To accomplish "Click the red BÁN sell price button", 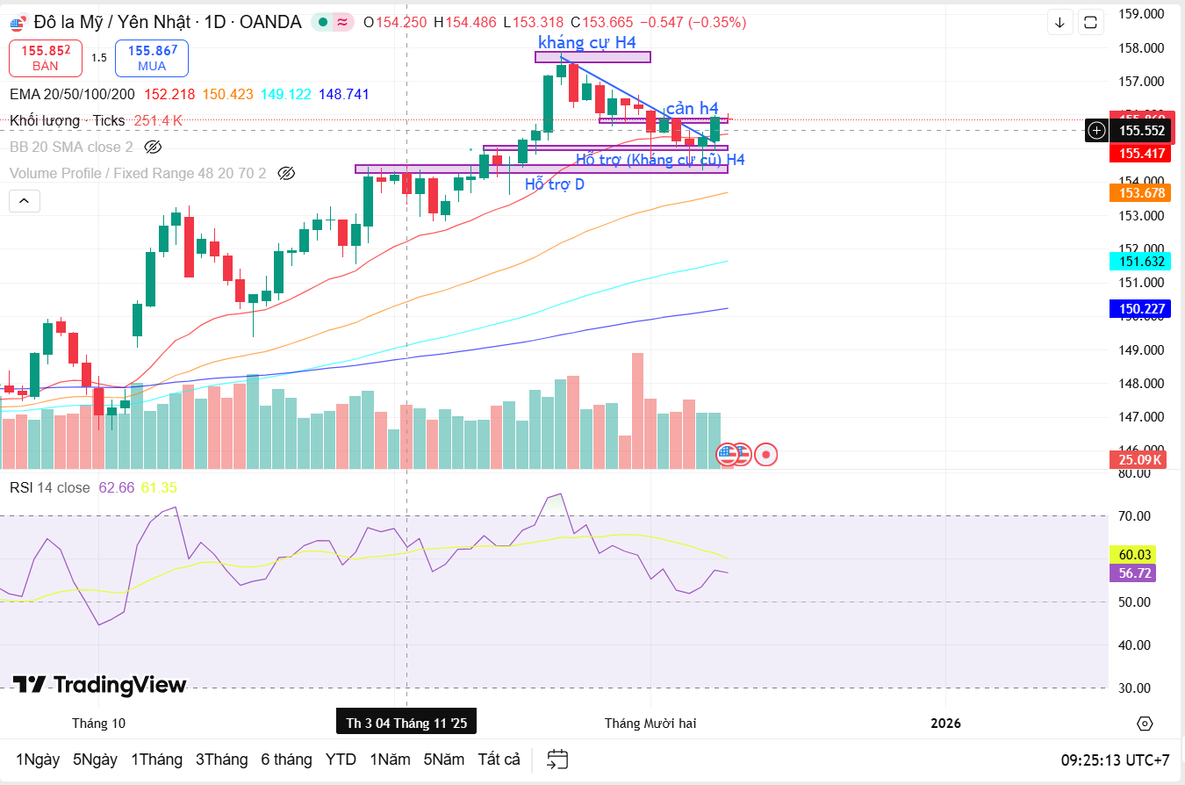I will click(x=46, y=57).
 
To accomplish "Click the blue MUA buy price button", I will click(x=151, y=57).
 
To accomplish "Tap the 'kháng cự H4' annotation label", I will click(x=587, y=41).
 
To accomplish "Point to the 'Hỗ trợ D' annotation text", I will click(x=554, y=184).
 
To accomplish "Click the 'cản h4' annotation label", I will click(x=692, y=108).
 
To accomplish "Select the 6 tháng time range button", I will click(x=286, y=760).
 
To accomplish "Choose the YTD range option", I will click(x=341, y=760).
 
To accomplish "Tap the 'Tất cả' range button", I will click(x=499, y=760).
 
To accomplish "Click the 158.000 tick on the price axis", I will click(x=1140, y=47).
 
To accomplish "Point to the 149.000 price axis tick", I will click(x=1140, y=349).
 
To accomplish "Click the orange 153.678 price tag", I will click(x=1140, y=193).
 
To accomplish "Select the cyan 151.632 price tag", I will click(x=1140, y=261).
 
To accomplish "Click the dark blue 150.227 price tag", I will click(x=1140, y=308).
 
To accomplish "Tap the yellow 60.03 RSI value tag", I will click(x=1135, y=554).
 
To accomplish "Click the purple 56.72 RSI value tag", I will click(x=1135, y=573).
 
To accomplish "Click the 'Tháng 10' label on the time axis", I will click(x=98, y=723).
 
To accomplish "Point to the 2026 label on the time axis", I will click(x=945, y=723).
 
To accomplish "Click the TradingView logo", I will click(x=99, y=685).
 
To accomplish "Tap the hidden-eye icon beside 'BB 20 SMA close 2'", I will click(x=153, y=147).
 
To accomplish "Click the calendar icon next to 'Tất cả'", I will click(x=557, y=760).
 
